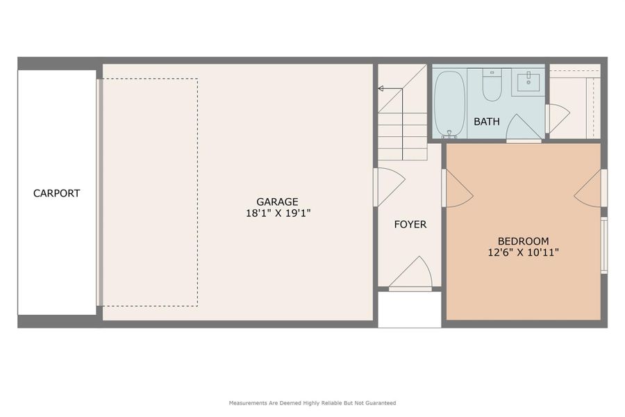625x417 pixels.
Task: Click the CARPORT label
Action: coord(56,193)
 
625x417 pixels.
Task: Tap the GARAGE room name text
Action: coord(277,202)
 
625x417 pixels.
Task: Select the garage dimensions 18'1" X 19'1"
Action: coord(277,214)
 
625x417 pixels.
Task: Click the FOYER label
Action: coord(410,224)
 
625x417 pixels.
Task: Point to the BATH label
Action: coord(486,122)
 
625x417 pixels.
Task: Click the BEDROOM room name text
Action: coord(523,241)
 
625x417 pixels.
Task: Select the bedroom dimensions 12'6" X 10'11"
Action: coord(523,253)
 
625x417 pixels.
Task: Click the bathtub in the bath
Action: coord(450,102)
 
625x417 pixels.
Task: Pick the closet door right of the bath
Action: coord(557,118)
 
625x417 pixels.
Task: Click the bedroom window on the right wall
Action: coord(603,245)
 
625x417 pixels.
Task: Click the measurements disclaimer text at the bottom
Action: coord(312,403)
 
